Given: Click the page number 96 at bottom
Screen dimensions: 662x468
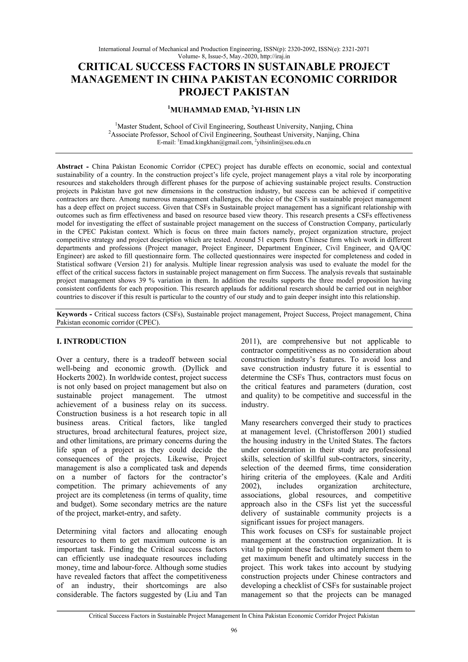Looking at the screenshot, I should [x=234, y=638].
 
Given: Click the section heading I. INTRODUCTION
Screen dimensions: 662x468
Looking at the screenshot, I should [x=91, y=341].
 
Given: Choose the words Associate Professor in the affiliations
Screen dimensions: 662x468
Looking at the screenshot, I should [x=139, y=135].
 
